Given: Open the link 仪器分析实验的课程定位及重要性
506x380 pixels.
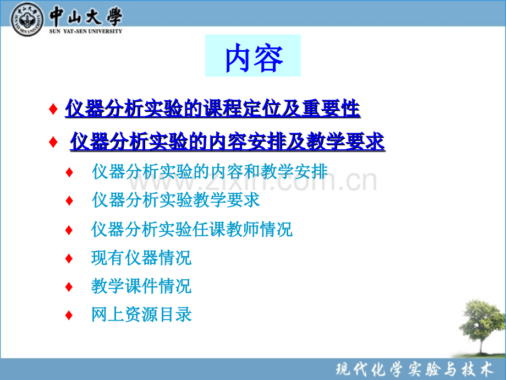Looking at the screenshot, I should click(212, 108).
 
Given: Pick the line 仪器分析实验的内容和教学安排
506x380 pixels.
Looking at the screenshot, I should click(210, 171).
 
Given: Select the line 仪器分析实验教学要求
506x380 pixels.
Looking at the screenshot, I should click(176, 200).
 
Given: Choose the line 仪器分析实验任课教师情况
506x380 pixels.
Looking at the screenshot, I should click(192, 229).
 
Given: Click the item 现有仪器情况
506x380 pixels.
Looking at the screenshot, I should click(141, 258).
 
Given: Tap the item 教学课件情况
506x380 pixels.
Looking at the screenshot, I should click(141, 286).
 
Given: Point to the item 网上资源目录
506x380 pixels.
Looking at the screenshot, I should click(141, 315).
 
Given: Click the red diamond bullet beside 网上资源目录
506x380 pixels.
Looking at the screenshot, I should click(69, 316).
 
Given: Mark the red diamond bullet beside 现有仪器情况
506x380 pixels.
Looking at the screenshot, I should click(69, 258).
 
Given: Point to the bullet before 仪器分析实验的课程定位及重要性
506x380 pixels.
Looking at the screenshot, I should click(53, 109).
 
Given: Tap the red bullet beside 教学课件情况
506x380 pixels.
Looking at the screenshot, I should click(69, 286).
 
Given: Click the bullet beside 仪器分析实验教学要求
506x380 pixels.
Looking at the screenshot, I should click(69, 200).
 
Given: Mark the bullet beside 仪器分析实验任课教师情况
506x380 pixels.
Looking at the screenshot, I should click(69, 229).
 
